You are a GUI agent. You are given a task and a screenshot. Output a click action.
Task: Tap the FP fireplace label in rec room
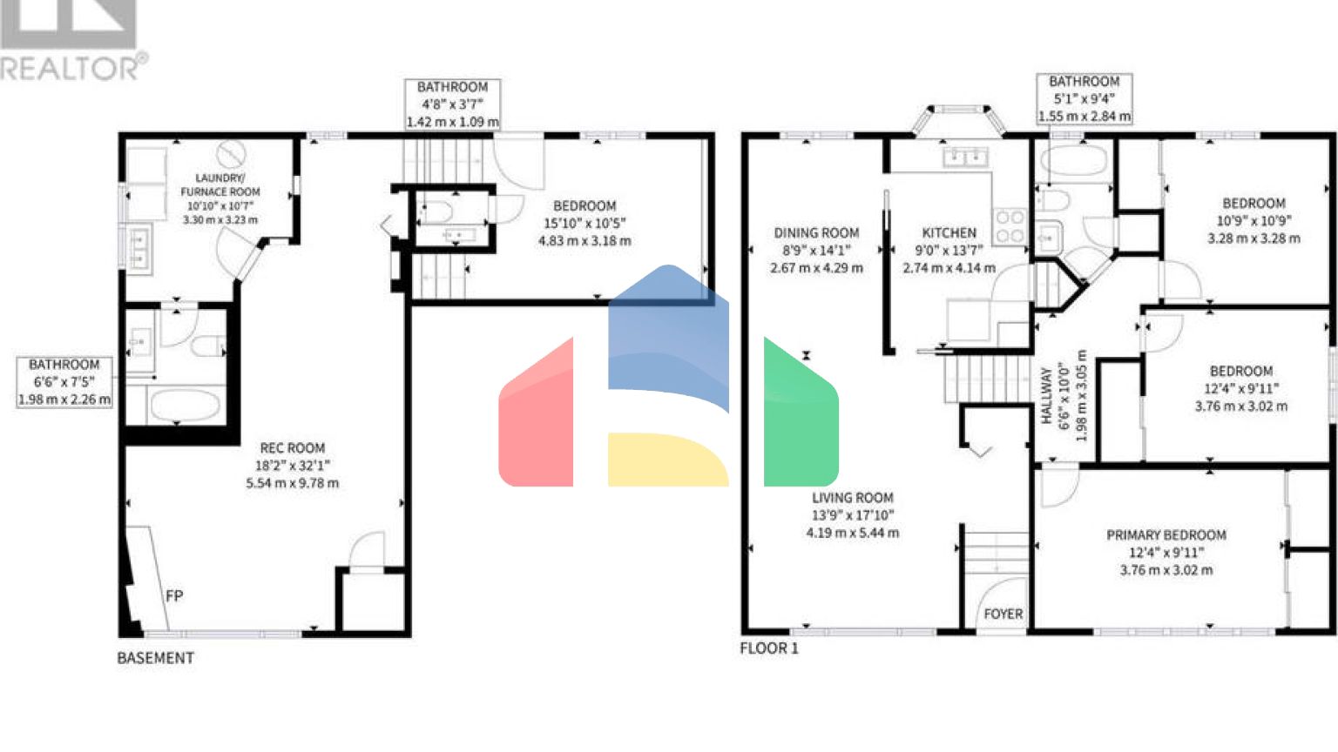[x=174, y=596]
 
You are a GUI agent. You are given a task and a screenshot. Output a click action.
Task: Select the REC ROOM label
[x=292, y=447]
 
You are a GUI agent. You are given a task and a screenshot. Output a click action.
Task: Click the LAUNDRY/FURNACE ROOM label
[x=220, y=185]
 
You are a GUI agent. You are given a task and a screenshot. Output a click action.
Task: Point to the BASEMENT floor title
[x=155, y=658]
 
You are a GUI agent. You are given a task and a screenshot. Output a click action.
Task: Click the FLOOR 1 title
[x=768, y=648]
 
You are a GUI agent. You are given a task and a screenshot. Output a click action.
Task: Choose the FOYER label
[x=1003, y=614]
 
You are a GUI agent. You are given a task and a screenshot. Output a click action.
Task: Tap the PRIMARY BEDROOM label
[x=1166, y=535]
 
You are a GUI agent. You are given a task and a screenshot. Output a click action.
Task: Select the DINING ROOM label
[x=816, y=232]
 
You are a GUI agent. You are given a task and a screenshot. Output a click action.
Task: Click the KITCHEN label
[x=949, y=232]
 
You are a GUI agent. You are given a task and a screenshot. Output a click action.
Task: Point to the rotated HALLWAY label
[x=1046, y=396]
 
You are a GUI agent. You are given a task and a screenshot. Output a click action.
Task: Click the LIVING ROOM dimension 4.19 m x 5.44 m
[x=852, y=533]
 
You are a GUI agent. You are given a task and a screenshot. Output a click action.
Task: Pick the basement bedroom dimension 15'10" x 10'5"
[x=585, y=224]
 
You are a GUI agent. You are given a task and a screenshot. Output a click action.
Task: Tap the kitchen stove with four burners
[x=1010, y=225]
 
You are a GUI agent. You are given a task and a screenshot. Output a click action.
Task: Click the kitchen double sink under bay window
[x=964, y=157]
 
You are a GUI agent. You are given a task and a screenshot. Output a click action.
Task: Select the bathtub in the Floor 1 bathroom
[x=1072, y=163]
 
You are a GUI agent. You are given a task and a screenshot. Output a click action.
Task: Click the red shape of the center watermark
[x=537, y=418]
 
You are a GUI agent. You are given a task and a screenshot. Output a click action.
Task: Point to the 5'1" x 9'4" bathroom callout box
[x=1084, y=98]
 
